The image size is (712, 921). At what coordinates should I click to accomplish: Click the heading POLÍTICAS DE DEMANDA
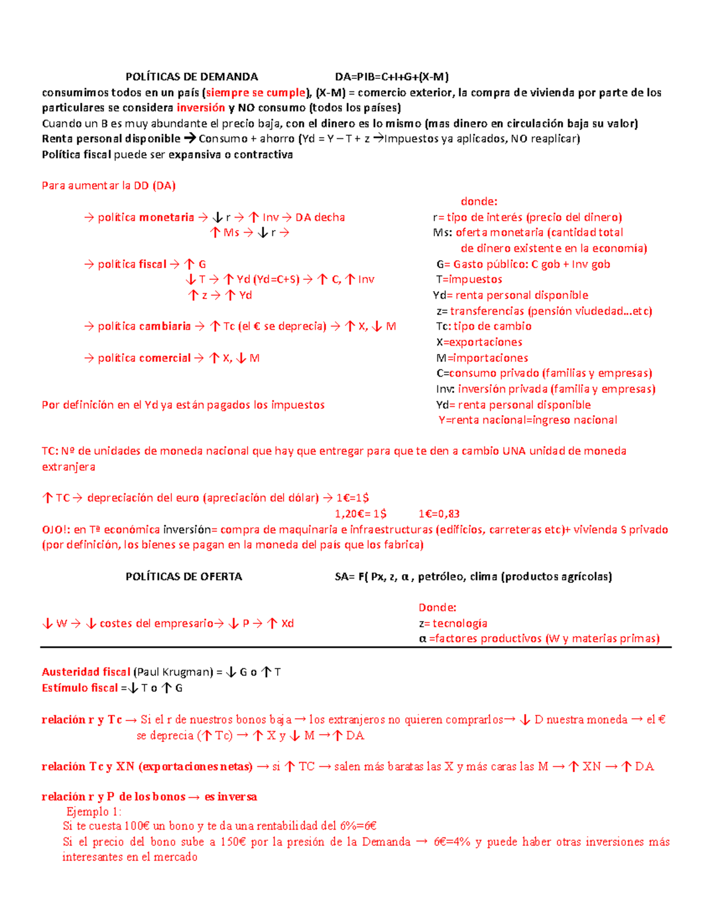pos(192,77)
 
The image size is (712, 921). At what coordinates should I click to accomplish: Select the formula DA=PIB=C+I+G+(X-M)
pos(392,77)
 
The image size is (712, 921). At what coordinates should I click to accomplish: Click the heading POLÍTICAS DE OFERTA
pos(184,576)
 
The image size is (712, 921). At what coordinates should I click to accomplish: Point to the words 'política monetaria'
pos(146,218)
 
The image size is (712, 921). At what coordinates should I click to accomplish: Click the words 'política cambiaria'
pos(144,326)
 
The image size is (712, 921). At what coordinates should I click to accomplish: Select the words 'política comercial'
pos(144,358)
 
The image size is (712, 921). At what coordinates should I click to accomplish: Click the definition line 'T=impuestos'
pos(469,279)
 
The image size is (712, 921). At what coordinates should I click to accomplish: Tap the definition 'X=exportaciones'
pos(479,342)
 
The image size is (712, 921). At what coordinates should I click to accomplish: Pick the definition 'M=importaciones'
pos(482,358)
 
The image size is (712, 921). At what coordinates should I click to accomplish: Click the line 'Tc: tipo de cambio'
pos(484,326)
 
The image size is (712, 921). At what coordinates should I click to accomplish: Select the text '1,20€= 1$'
pos(361,514)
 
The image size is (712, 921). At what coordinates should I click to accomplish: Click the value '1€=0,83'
pos(438,514)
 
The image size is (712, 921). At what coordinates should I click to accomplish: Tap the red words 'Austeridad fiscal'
pos(86,672)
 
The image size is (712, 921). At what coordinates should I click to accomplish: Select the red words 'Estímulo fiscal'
pos(80,688)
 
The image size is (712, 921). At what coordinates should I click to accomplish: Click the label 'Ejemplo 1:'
pos(94,812)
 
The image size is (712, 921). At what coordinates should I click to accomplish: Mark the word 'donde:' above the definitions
pos(479,202)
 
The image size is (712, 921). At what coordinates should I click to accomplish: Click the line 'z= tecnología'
pos(453,623)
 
